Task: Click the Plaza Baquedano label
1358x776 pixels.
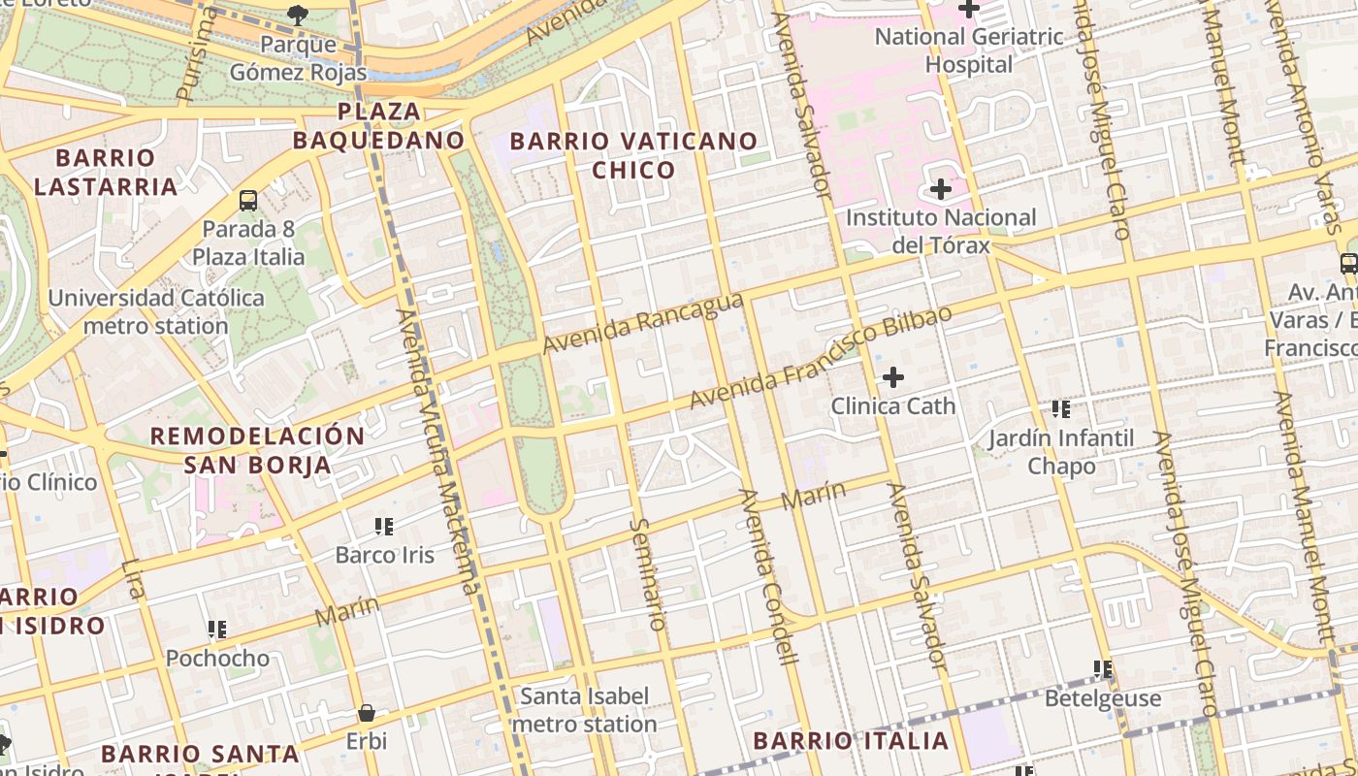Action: click(x=378, y=125)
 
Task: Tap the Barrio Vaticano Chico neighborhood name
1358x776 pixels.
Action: click(x=633, y=155)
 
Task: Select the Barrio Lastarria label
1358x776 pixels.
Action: click(x=106, y=172)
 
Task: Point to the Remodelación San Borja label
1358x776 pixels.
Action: click(x=258, y=450)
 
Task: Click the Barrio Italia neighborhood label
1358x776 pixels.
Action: click(x=851, y=741)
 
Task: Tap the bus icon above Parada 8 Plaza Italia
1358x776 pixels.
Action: click(x=248, y=201)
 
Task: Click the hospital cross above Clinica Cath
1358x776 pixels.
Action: click(x=892, y=377)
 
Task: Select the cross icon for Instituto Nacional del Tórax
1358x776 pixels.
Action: click(x=940, y=189)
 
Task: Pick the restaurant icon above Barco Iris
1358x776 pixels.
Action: click(x=384, y=527)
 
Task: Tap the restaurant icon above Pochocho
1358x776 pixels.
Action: click(x=217, y=630)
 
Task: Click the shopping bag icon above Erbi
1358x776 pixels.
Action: click(x=366, y=713)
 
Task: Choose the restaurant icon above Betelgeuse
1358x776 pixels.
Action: click(x=1102, y=669)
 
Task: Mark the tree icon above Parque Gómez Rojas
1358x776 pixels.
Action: click(x=298, y=15)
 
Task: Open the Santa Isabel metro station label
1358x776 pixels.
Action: click(x=584, y=710)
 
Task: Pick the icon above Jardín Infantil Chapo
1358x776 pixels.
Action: click(x=1061, y=410)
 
